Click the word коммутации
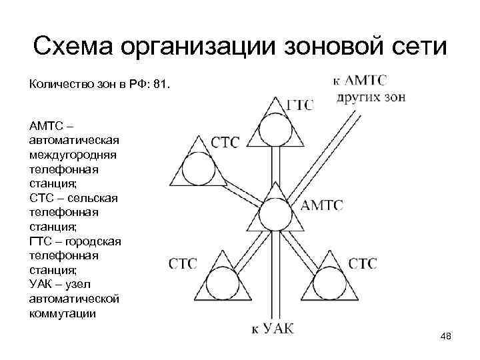63,313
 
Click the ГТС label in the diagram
300,105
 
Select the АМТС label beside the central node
323,205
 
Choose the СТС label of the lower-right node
362,263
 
